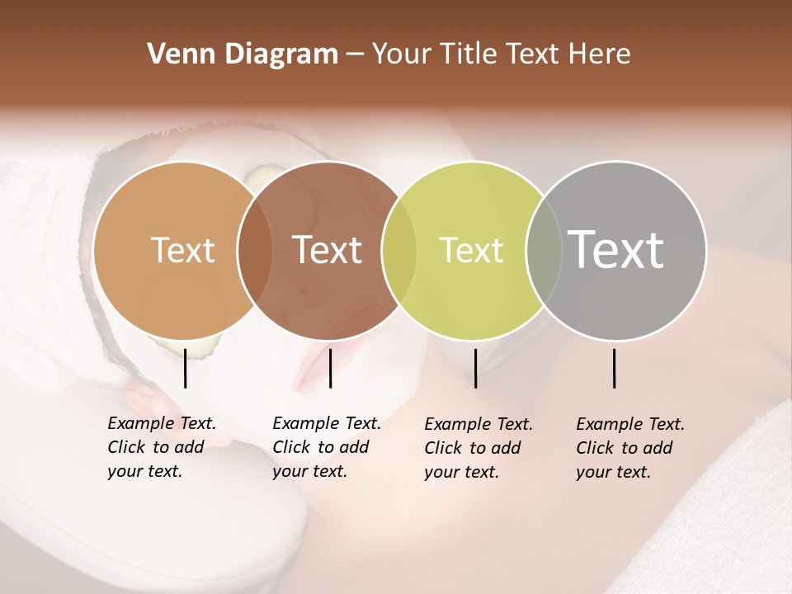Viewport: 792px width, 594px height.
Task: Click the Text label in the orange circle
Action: coord(182,250)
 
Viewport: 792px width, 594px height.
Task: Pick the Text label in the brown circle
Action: coord(328,250)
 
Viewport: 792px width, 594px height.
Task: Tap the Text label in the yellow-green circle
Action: coord(471,250)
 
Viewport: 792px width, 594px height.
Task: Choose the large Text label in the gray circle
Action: coord(616,249)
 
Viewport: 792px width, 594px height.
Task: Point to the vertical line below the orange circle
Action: coord(185,368)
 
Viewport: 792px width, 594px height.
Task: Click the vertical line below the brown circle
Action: coord(330,368)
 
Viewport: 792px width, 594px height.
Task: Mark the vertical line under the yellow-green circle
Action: coord(475,368)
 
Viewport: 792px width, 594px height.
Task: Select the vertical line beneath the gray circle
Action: coord(615,368)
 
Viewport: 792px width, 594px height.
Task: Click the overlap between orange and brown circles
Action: coord(255,251)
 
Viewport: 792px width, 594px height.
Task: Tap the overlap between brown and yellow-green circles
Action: coord(399,251)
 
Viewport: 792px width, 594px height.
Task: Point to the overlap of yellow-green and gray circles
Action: coord(543,251)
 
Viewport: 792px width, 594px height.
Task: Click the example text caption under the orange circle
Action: coord(162,447)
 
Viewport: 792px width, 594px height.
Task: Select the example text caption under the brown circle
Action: coord(327,447)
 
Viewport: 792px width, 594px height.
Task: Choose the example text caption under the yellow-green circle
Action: coord(478,448)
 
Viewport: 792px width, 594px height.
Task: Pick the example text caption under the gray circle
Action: coord(630,448)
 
